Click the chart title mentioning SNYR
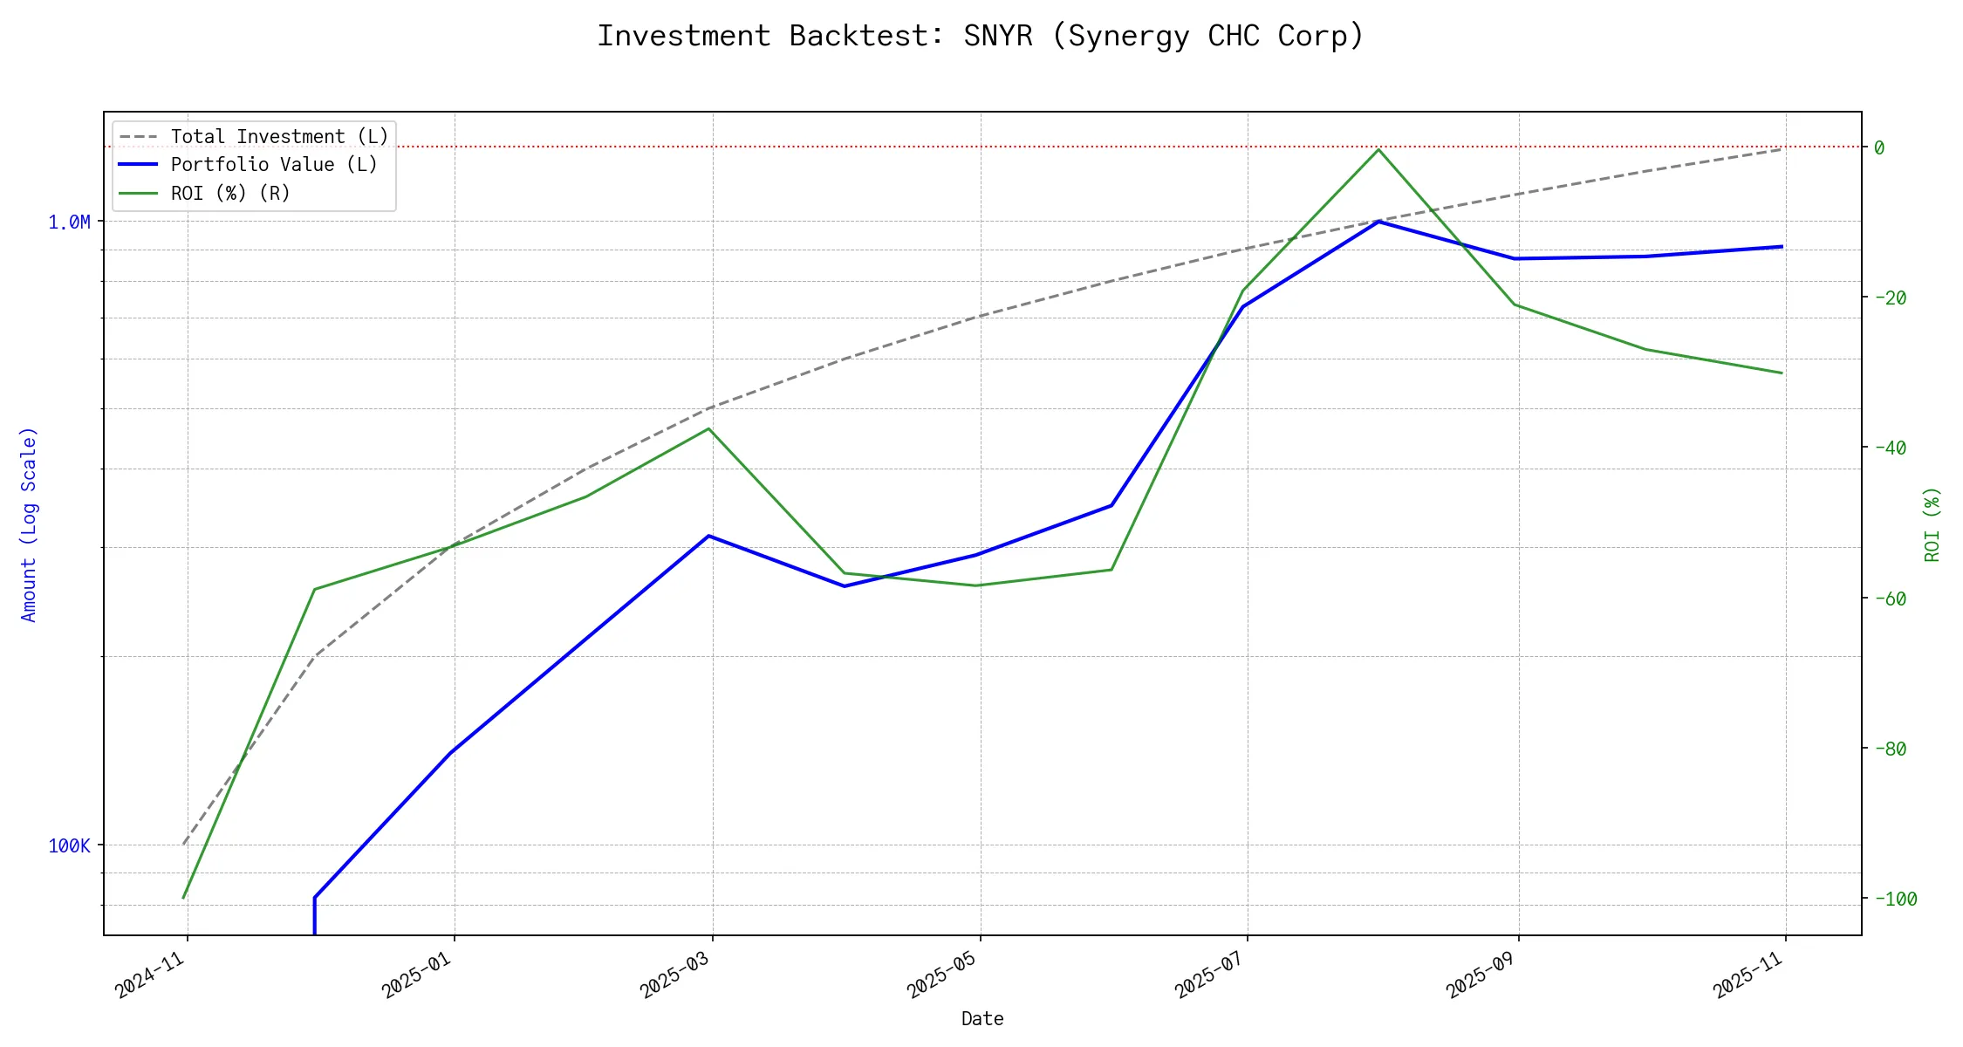pyautogui.click(x=981, y=36)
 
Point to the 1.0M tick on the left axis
pyautogui.click(x=69, y=222)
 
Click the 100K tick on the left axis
pyautogui.click(x=69, y=845)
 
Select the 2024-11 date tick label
pyautogui.click(x=151, y=974)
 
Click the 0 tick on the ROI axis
pyautogui.click(x=1879, y=147)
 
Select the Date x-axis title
pyautogui.click(x=982, y=1018)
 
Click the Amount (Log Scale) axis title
pyautogui.click(x=29, y=523)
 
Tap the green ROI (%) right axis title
pyautogui.click(x=1932, y=523)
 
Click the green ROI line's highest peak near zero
pyautogui.click(x=1378, y=149)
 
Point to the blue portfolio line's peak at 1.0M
pyautogui.click(x=1378, y=222)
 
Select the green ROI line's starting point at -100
pyautogui.click(x=183, y=898)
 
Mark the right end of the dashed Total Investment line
pyautogui.click(x=1782, y=148)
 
